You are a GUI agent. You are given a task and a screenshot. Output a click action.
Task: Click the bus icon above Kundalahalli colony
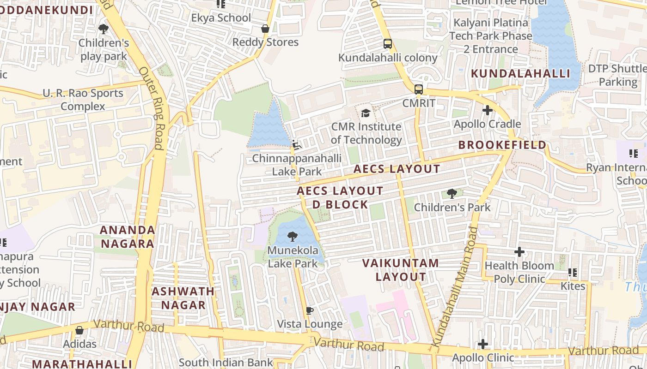point(388,44)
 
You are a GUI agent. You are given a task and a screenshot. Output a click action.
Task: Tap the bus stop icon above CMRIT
point(419,89)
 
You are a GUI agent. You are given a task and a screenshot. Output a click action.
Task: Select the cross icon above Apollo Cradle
point(487,110)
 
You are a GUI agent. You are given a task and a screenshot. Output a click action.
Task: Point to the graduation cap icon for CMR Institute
point(366,113)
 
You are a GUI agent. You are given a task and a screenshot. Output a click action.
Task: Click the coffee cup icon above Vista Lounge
point(310,310)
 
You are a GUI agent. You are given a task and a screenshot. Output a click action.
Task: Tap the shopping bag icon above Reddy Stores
point(265,29)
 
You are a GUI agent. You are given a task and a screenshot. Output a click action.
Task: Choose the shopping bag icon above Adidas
point(79,330)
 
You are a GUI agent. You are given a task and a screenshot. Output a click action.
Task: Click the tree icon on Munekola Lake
point(293,237)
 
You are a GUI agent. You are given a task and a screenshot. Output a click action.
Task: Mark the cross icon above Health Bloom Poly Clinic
point(519,252)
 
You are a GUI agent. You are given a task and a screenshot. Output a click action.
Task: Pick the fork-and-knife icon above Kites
point(573,273)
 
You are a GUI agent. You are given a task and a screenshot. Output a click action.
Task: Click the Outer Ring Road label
point(152,109)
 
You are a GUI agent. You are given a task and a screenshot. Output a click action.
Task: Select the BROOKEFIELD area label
point(502,145)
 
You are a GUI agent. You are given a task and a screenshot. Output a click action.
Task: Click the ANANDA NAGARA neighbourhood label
point(127,237)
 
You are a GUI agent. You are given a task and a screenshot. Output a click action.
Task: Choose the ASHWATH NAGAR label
point(183,298)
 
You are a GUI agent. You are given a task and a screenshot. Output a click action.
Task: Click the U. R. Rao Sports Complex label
point(83,100)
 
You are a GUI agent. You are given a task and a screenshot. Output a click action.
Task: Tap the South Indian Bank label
point(226,363)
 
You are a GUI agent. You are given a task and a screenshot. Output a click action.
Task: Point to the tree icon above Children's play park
point(104,29)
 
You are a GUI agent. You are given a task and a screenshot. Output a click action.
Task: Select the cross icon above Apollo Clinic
point(483,344)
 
